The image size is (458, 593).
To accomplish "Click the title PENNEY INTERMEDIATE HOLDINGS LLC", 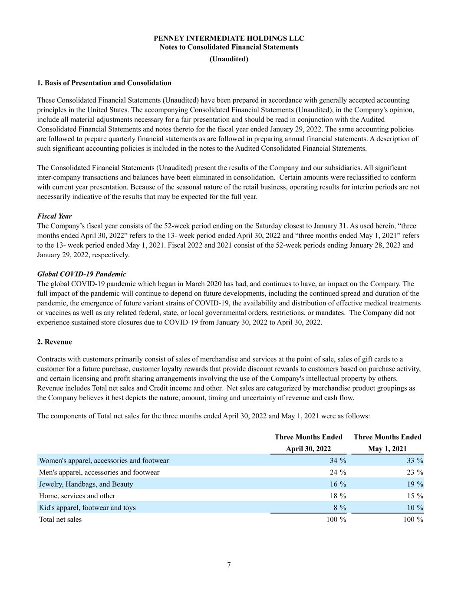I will (229, 38).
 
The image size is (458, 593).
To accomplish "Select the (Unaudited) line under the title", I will (229, 59).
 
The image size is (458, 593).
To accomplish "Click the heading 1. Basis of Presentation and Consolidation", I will (104, 83).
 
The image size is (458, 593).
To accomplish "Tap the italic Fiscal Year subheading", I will (54, 216).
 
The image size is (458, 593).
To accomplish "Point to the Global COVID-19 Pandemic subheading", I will (82, 274).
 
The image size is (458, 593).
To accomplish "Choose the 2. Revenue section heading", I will (55, 342).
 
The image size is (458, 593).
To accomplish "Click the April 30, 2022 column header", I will (308, 449).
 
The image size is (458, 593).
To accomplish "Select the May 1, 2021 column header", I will (387, 449).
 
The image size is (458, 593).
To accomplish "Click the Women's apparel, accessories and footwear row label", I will (104, 460).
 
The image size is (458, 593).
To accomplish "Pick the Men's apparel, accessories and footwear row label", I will (99, 472).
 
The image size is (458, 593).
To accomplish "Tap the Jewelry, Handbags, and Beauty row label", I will (86, 484).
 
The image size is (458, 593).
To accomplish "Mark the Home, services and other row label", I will (77, 496).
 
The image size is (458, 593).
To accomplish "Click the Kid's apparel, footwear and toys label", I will (87, 507).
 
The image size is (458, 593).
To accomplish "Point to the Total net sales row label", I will (60, 519).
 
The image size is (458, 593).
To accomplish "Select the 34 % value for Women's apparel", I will (338, 460).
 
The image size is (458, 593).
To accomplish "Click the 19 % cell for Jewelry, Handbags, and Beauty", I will (415, 484).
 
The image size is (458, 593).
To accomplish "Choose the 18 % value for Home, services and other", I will (338, 496).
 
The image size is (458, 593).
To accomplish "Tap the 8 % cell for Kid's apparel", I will (339, 507).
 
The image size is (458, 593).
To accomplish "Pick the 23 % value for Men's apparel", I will (415, 472).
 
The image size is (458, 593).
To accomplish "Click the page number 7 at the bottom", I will (229, 565).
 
